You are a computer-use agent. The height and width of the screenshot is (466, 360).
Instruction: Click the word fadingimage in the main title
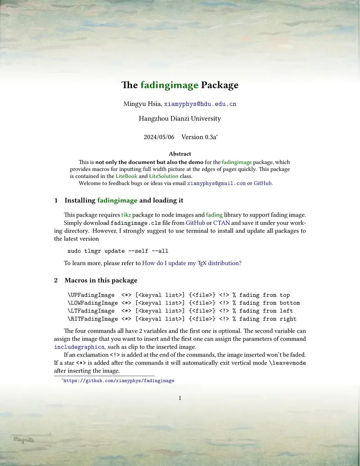point(169,85)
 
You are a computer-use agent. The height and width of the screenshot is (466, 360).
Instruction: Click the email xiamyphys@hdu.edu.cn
point(200,104)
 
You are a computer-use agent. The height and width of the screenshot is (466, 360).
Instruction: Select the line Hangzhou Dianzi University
point(180,119)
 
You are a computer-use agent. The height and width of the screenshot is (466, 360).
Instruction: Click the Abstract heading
point(180,154)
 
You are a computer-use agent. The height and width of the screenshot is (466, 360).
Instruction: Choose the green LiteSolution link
point(163,176)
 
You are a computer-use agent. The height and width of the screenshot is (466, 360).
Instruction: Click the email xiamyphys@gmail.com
point(216,183)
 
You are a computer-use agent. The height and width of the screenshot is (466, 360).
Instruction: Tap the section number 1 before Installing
point(56,200)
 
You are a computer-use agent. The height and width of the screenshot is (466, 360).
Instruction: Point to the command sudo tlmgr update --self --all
point(118,251)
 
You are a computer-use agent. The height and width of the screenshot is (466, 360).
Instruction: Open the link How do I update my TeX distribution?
point(192,263)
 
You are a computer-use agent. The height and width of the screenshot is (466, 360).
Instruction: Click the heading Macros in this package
point(101,281)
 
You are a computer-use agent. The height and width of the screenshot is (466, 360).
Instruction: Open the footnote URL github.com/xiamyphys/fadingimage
point(118,380)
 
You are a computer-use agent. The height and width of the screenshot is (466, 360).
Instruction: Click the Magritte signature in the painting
point(23,439)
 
